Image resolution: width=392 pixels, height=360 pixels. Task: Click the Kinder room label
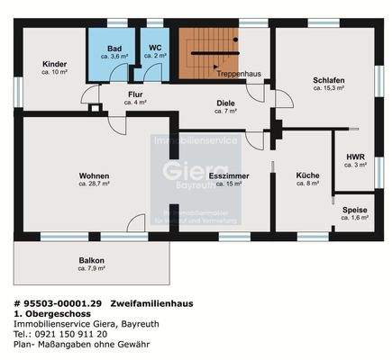pos(54,64)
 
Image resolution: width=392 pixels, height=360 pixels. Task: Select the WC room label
pos(155,49)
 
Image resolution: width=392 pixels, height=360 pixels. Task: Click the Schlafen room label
pos(329,80)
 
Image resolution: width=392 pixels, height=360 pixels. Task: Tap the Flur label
pos(135,94)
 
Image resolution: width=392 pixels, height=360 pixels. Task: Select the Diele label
pos(225,103)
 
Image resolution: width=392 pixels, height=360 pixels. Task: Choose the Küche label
pos(308,175)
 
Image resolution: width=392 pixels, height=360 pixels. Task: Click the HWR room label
pos(355,157)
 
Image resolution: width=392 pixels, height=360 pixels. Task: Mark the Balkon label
pos(92,260)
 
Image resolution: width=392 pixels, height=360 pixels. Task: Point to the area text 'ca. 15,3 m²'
pos(329,88)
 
